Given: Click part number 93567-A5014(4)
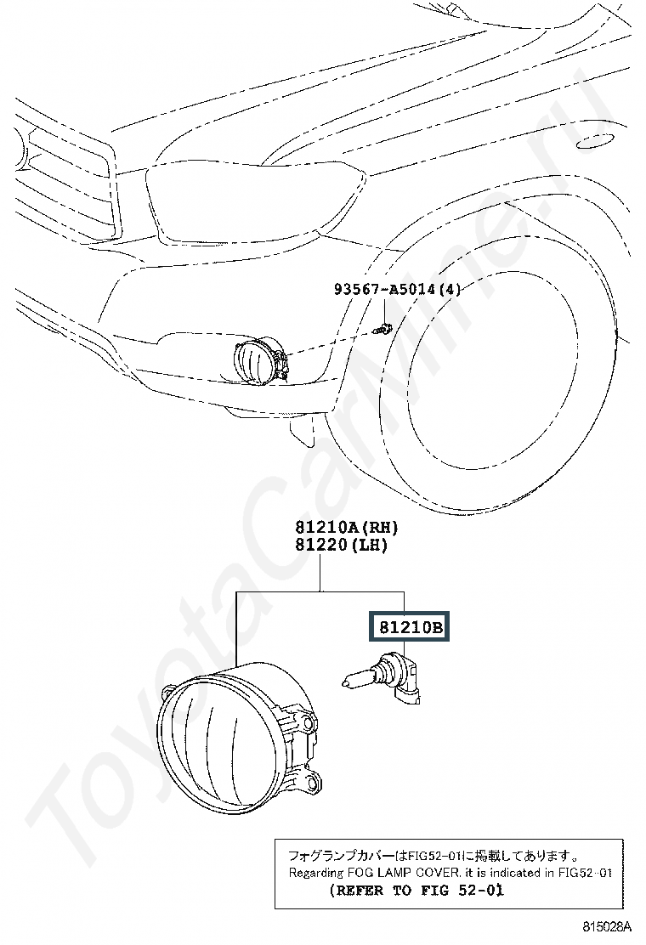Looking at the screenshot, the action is point(397,289).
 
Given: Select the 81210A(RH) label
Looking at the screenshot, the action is point(347,528).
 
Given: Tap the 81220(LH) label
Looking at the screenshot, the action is point(341,545).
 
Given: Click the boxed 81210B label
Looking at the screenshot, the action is point(410,627).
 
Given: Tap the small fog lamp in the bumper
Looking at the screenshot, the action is point(260,361).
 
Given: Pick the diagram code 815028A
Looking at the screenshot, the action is point(605,925).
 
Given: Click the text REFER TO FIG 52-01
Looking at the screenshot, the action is point(417,891).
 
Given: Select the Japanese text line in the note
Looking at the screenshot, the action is point(433,855).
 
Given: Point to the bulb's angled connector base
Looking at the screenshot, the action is point(409,680).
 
